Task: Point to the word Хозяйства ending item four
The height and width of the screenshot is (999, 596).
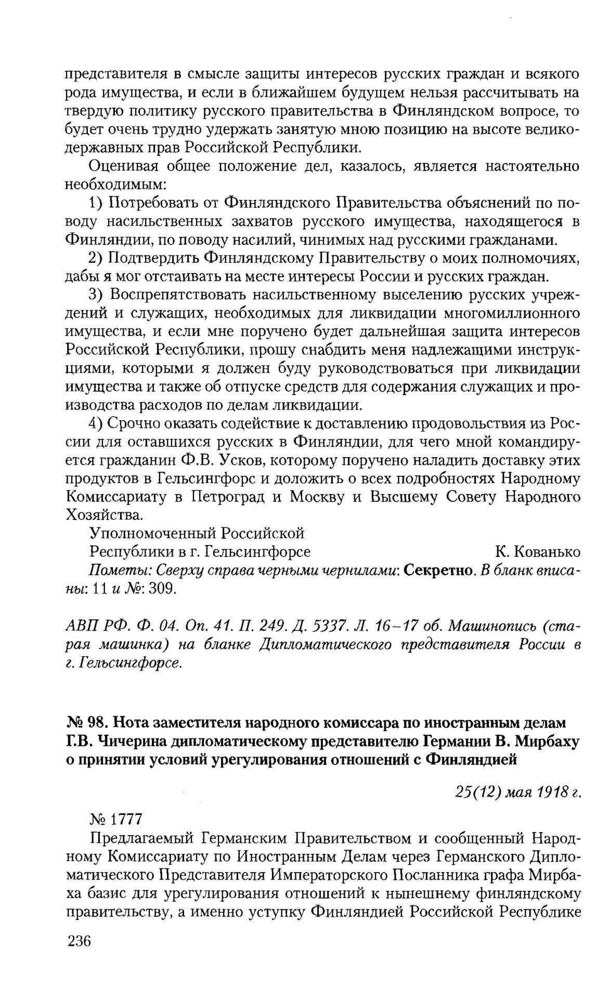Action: click(x=105, y=515)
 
